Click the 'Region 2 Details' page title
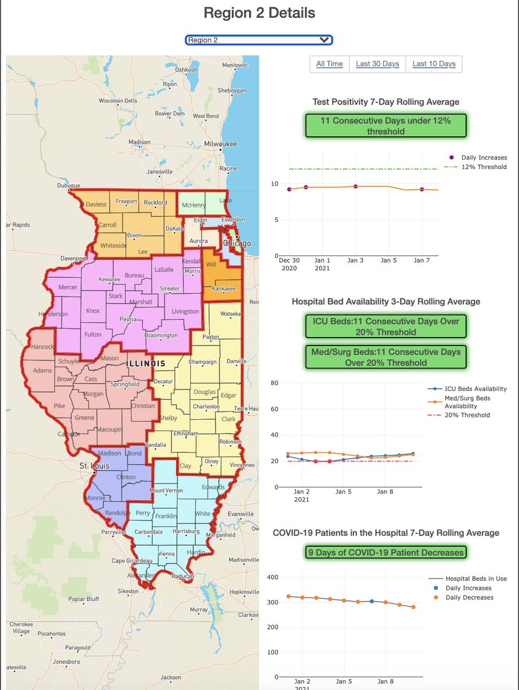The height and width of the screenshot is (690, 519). pyautogui.click(x=259, y=13)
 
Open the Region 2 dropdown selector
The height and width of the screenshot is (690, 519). pyautogui.click(x=259, y=40)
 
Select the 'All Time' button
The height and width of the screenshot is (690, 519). pyautogui.click(x=329, y=64)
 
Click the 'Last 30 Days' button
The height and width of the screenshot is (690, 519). pyautogui.click(x=377, y=64)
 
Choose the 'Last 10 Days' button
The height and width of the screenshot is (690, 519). pyautogui.click(x=434, y=64)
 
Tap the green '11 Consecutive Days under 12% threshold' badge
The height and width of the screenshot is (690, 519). pyautogui.click(x=386, y=126)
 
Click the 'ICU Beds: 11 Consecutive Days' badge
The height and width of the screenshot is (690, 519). pyautogui.click(x=386, y=326)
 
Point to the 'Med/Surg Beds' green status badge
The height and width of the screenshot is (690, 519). pyautogui.click(x=386, y=356)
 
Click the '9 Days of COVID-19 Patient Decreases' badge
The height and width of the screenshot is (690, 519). pyautogui.click(x=386, y=552)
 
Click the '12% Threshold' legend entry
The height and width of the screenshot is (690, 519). pyautogui.click(x=483, y=167)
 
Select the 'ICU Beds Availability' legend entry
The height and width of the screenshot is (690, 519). pyautogui.click(x=476, y=389)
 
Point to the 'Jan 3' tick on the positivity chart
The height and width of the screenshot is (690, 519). pyautogui.click(x=355, y=260)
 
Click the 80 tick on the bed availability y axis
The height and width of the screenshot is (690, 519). pyautogui.click(x=275, y=383)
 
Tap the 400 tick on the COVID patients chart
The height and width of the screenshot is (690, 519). pyautogui.click(x=272, y=577)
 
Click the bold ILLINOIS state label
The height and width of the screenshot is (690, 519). pyautogui.click(x=146, y=363)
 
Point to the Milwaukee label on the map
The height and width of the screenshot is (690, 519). pyautogui.click(x=221, y=143)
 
